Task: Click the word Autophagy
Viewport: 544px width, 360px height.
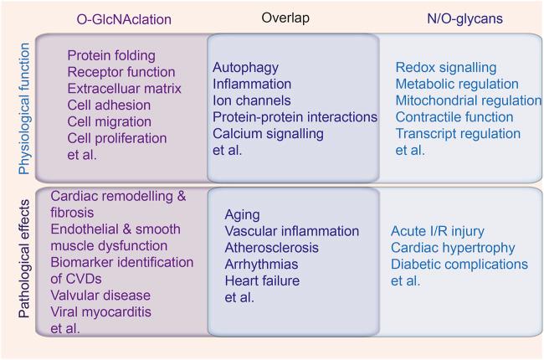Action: click(245, 67)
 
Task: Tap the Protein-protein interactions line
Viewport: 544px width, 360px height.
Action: click(295, 117)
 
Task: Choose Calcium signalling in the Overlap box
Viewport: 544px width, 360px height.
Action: click(268, 134)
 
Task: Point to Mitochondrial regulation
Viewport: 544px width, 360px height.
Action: click(468, 100)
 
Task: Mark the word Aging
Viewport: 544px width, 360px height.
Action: click(242, 214)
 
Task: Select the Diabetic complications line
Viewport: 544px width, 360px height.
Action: click(459, 265)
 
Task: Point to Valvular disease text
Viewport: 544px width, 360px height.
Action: click(100, 295)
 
